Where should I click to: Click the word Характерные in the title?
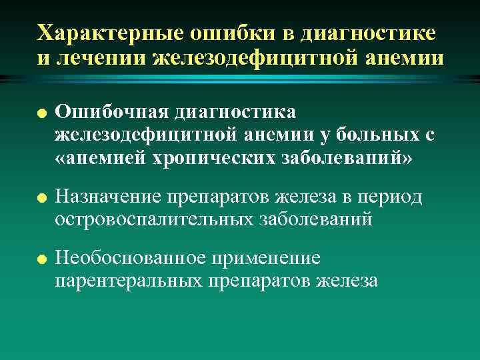pos(102,33)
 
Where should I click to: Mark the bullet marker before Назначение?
pos(41,197)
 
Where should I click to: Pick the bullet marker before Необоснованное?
pos(41,258)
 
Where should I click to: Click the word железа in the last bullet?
pos(347,281)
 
